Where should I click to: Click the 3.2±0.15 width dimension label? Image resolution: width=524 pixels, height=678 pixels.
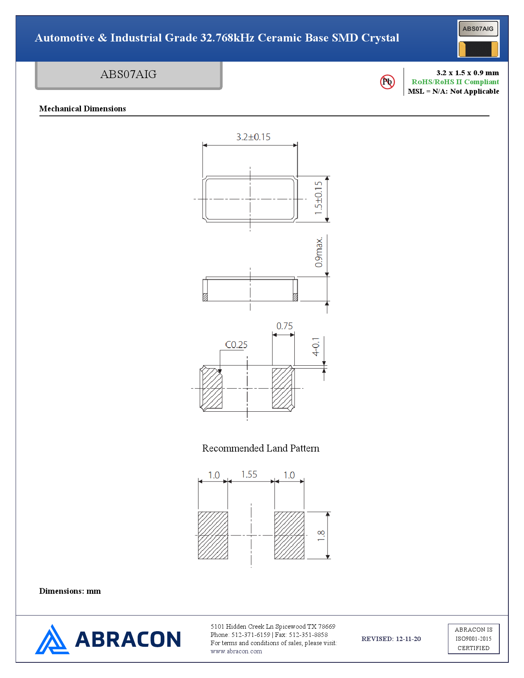tap(253, 137)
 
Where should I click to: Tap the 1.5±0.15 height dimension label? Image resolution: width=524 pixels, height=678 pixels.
tap(319, 198)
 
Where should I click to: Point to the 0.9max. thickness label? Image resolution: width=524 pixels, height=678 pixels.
tap(319, 252)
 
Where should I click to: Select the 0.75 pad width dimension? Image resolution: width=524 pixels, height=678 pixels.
tap(284, 326)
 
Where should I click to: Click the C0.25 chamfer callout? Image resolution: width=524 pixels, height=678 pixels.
tap(236, 345)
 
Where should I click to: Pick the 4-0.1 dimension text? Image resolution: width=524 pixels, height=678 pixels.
tap(316, 346)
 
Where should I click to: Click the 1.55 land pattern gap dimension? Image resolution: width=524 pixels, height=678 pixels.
tap(249, 475)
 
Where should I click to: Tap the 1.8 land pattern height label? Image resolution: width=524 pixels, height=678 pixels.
tap(321, 536)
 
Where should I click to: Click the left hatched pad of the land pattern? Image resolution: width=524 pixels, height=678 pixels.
tap(213, 535)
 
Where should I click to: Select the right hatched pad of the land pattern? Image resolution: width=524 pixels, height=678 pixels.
tap(289, 535)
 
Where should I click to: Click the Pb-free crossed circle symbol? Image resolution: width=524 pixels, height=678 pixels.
tap(387, 82)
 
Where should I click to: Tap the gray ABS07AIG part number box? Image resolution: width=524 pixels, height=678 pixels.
tap(129, 75)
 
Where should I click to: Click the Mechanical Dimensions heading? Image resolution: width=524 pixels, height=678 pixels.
tap(82, 108)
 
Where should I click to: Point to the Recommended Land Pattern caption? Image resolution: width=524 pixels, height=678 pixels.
tap(261, 448)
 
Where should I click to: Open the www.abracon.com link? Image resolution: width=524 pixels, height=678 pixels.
tap(236, 651)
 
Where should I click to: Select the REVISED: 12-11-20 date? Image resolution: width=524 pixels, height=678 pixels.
tap(391, 639)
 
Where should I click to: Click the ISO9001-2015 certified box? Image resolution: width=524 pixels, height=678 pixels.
tap(473, 639)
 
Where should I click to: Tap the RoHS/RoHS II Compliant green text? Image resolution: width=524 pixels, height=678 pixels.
tap(455, 82)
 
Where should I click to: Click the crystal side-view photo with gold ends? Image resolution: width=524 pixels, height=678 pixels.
tap(478, 49)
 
